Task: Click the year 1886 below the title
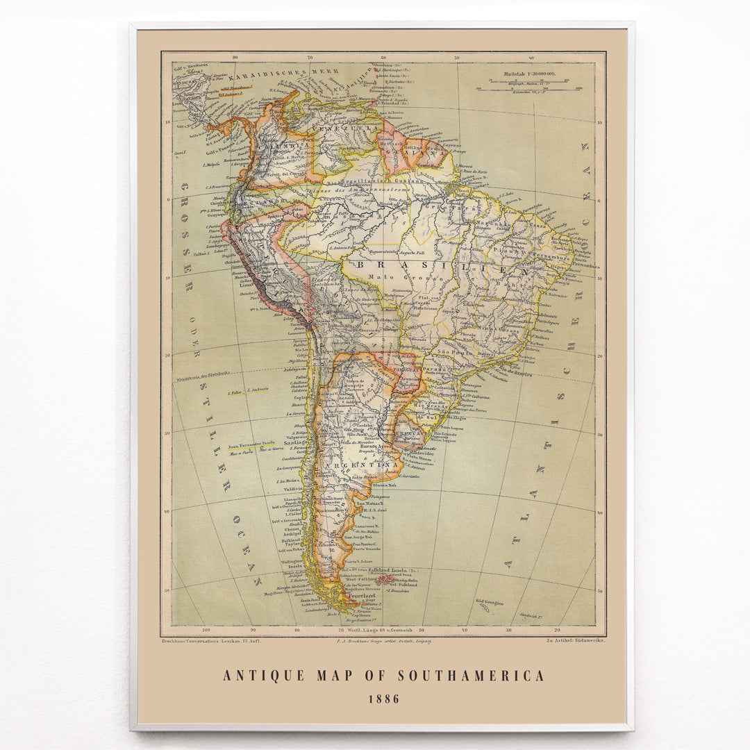(384, 699)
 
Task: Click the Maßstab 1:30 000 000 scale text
(535, 72)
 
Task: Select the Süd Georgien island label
(489, 601)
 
